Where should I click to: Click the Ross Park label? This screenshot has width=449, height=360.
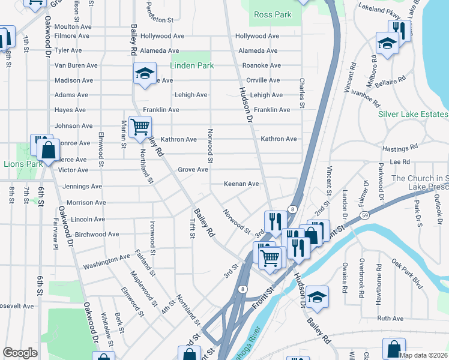click(x=272, y=14)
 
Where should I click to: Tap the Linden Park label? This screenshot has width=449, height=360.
click(x=191, y=65)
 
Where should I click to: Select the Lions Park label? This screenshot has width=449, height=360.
click(x=23, y=164)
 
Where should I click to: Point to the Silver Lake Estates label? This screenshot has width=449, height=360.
click(x=413, y=114)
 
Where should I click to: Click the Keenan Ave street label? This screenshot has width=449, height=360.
click(x=241, y=184)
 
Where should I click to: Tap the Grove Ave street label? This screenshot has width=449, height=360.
click(x=193, y=170)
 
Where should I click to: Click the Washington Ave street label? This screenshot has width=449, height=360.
click(x=106, y=261)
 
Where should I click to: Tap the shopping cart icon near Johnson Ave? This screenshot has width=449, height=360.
click(x=140, y=127)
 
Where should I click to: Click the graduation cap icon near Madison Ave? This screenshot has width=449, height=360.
click(x=144, y=73)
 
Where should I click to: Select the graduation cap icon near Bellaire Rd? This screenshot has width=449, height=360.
click(x=387, y=43)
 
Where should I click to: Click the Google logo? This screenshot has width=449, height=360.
click(x=20, y=352)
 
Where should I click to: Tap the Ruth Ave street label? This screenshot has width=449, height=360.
click(x=391, y=319)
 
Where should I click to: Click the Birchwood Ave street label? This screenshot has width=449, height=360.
click(x=96, y=234)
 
